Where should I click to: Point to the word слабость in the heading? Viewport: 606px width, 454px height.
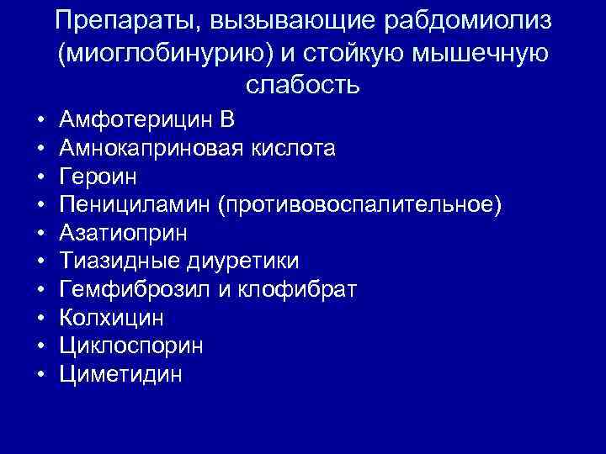pyautogui.click(x=303, y=85)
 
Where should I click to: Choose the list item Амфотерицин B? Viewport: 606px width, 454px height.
pyautogui.click(x=147, y=120)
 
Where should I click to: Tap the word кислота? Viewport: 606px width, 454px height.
pyautogui.click(x=295, y=149)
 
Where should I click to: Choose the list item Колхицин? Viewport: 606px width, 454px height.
pyautogui.click(x=112, y=319)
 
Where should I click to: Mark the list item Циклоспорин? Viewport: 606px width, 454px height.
pyautogui.click(x=131, y=346)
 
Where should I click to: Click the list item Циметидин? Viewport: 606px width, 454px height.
pyautogui.click(x=120, y=375)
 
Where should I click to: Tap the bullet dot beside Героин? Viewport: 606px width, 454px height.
pyautogui.click(x=41, y=178)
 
